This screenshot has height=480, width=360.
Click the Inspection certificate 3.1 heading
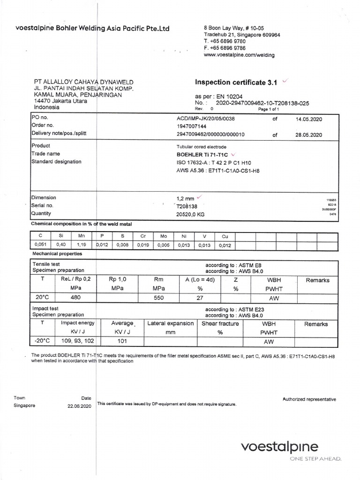click(236, 82)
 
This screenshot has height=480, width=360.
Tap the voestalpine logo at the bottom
click(280, 447)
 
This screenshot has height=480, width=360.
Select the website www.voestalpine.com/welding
click(239, 55)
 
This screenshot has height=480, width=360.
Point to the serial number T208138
click(187, 206)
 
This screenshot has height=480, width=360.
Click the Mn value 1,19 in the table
click(82, 244)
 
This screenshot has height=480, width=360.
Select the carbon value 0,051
click(41, 244)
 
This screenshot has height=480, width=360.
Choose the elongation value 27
click(200, 297)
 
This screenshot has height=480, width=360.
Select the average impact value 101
click(122, 341)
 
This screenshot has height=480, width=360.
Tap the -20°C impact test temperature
click(42, 341)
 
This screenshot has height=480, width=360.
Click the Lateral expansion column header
click(170, 323)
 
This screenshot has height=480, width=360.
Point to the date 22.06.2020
click(79, 407)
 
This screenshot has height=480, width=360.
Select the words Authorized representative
click(309, 399)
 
